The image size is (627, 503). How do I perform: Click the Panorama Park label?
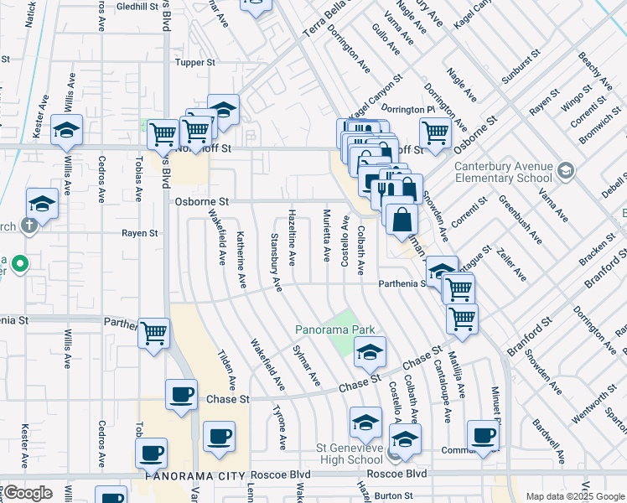pyautogui.click(x=334, y=329)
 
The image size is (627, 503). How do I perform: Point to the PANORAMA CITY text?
pyautogui.click(x=194, y=475)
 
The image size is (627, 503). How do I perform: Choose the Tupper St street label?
pyautogui.click(x=194, y=62)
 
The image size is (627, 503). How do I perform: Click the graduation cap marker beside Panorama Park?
pyautogui.click(x=369, y=352)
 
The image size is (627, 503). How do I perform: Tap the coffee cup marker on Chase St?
pyautogui.click(x=181, y=394)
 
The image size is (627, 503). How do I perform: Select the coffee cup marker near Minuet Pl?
pyautogui.click(x=483, y=435)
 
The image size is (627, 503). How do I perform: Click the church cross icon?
pyautogui.click(x=28, y=225)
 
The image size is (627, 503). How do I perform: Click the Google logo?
pyautogui.click(x=28, y=493)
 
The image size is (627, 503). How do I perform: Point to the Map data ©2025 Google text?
pyautogui.click(x=575, y=496)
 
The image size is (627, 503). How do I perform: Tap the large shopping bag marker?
pyautogui.click(x=402, y=219)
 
